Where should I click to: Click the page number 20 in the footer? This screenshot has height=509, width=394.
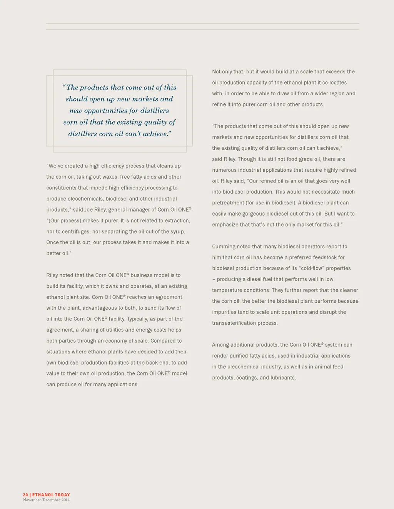(x=25, y=495)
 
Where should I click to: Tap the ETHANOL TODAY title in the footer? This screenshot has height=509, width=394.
(x=51, y=495)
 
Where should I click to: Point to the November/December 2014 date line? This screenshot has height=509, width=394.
(x=46, y=500)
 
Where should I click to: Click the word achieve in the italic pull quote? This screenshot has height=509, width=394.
(x=157, y=134)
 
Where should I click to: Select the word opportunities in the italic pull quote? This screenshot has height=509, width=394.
(x=106, y=111)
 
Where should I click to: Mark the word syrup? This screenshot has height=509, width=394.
(x=177, y=232)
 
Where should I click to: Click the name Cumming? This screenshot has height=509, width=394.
(x=224, y=247)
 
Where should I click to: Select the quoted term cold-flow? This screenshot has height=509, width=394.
(x=311, y=269)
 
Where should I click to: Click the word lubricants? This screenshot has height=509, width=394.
(x=283, y=378)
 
